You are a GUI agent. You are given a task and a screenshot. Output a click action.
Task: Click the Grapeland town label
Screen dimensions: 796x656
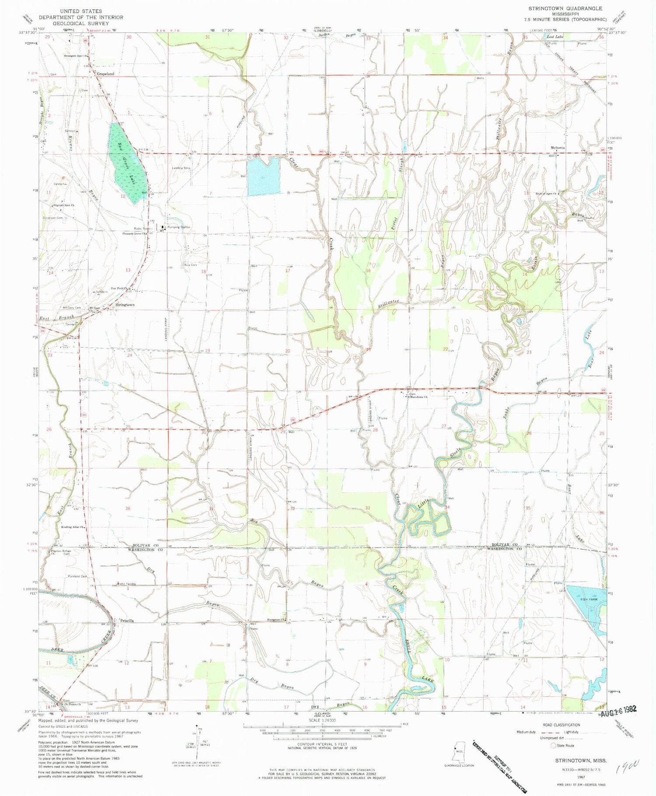click(x=105, y=74)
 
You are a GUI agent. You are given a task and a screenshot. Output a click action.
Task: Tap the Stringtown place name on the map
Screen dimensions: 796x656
click(x=125, y=305)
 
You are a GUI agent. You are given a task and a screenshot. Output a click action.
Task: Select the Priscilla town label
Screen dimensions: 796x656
click(x=126, y=621)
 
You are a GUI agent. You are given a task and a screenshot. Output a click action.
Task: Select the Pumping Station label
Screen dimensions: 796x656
click(x=178, y=227)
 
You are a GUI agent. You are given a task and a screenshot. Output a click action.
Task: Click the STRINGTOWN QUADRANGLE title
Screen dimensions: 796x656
click(x=565, y=8)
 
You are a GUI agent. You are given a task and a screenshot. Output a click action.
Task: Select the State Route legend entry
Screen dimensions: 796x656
click(x=565, y=746)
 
